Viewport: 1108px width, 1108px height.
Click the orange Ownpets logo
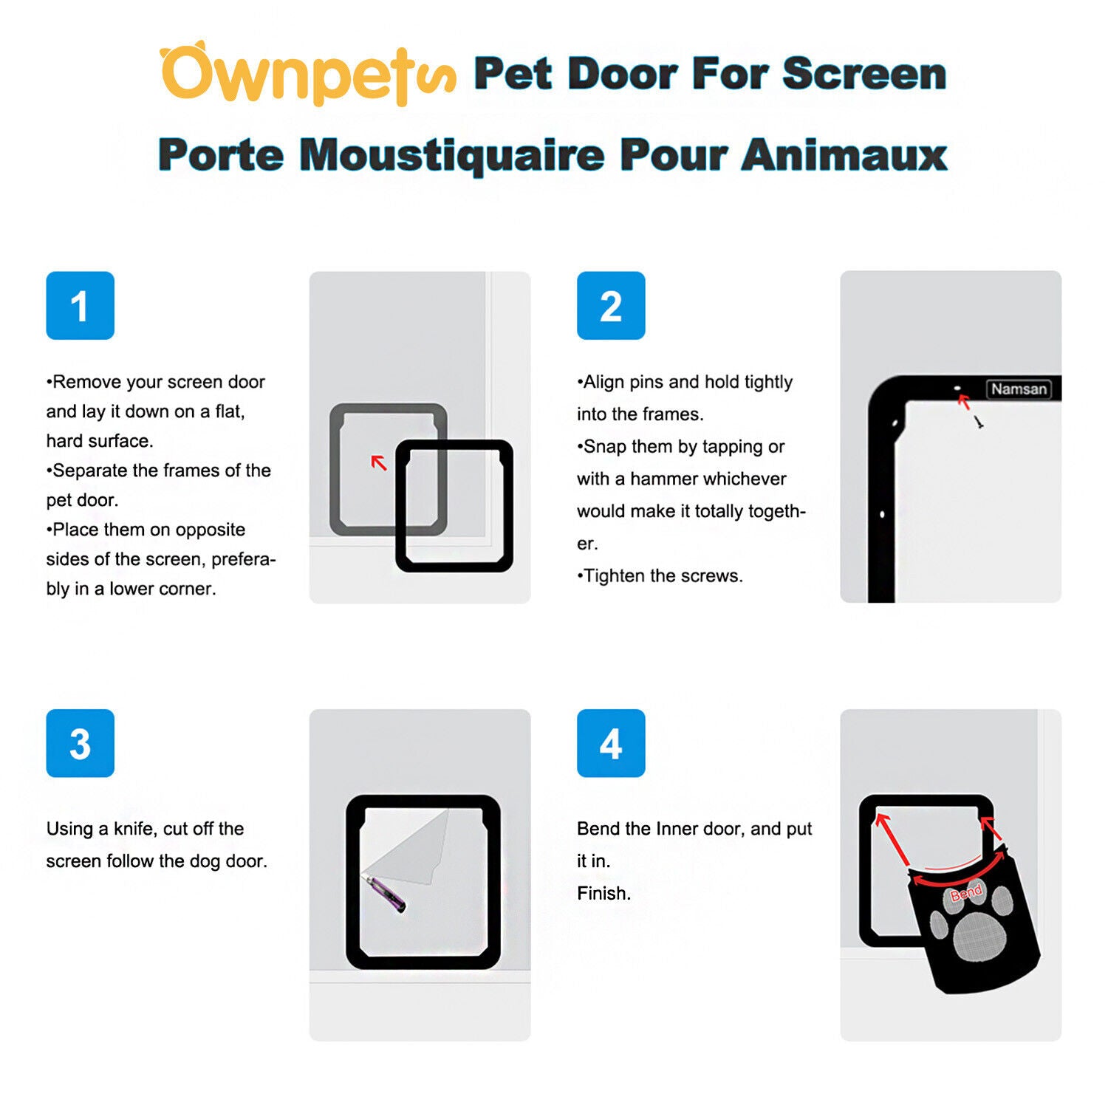(307, 74)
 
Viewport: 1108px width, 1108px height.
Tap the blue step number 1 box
(80, 305)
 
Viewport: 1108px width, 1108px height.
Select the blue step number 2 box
(611, 305)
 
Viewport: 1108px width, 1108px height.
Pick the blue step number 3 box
(80, 743)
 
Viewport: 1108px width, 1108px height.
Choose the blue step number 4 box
(611, 743)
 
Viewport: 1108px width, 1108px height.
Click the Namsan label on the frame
(1019, 389)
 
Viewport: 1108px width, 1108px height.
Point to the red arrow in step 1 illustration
(378, 462)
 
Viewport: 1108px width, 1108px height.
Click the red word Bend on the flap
(966, 892)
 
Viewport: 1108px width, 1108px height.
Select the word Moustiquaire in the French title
(452, 155)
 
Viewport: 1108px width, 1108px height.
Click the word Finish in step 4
(603, 894)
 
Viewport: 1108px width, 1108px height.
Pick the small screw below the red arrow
(979, 423)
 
